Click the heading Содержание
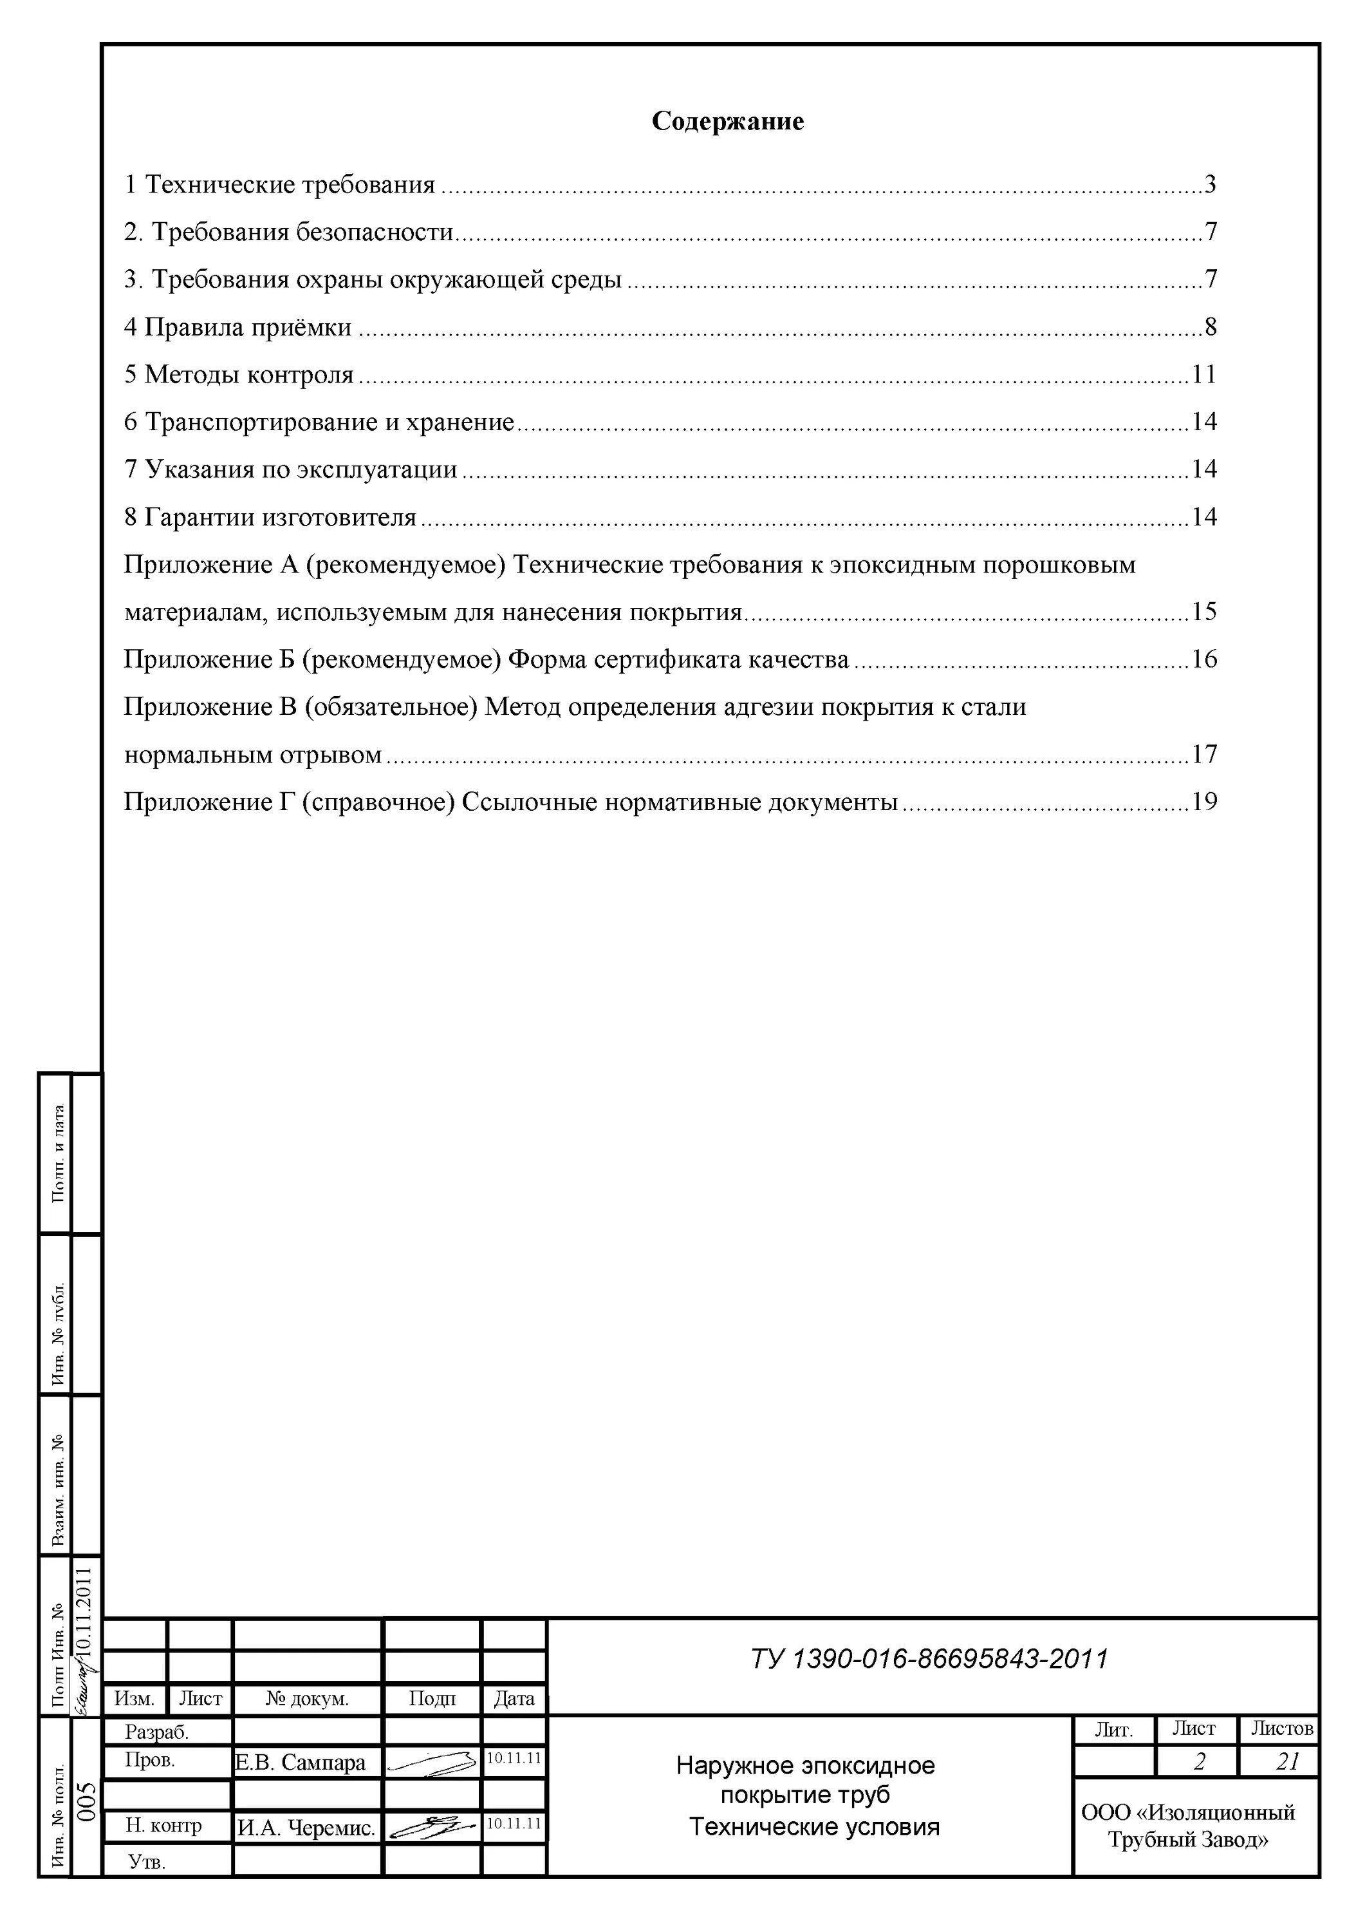point(727,121)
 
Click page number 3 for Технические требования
point(1209,184)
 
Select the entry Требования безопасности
point(288,231)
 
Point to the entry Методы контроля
point(239,374)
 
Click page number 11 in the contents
point(1203,374)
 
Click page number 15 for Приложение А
point(1203,612)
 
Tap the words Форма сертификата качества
point(679,659)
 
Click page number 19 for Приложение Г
point(1203,802)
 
